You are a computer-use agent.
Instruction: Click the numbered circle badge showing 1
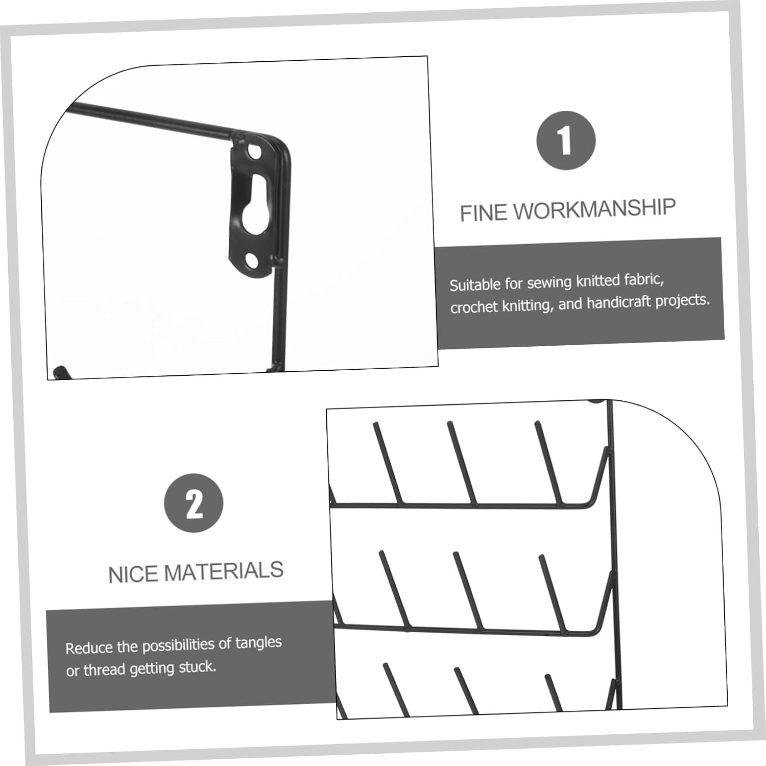tap(566, 140)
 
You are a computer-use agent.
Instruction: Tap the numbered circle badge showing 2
tap(194, 503)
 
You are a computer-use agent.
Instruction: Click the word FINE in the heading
tap(484, 212)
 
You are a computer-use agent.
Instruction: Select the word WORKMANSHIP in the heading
tap(594, 209)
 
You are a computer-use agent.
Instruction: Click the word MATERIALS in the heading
tap(223, 571)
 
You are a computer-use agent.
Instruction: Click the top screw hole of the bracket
tap(254, 152)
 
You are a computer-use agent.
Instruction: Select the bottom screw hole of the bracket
tap(252, 261)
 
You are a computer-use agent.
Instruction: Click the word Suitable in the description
tap(474, 284)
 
